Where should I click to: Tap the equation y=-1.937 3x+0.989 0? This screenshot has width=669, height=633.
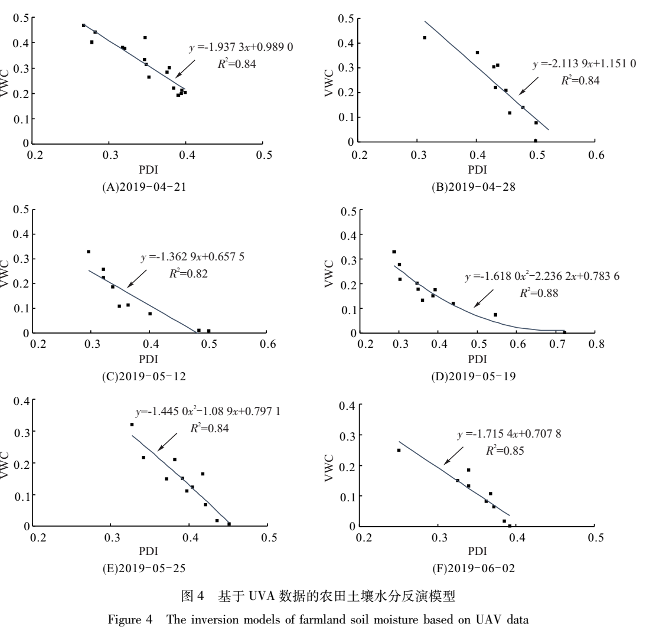click(240, 49)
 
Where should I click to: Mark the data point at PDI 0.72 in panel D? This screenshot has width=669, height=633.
click(564, 332)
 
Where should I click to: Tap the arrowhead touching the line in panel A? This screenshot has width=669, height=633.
click(176, 77)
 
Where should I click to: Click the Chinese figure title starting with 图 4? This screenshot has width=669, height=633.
click(334, 596)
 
